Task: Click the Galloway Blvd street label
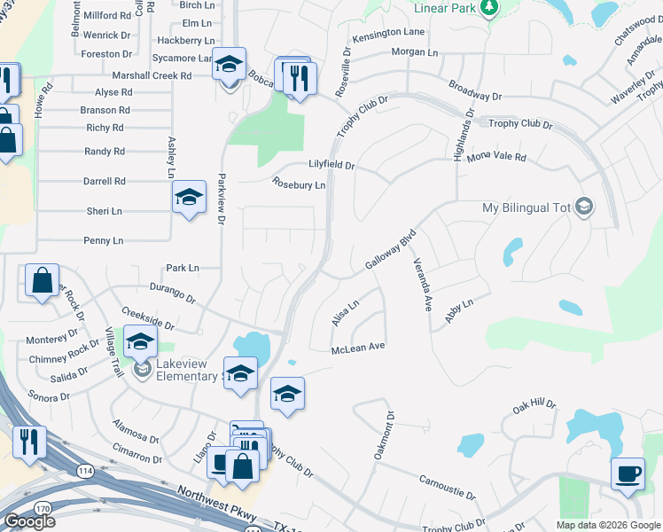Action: point(390,251)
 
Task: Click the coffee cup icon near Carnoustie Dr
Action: point(628,473)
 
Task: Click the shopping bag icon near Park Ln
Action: point(43,281)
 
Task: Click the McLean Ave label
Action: point(358,348)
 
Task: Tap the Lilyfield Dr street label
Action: point(331,166)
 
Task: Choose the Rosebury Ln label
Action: point(299,185)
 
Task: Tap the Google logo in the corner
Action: point(29,520)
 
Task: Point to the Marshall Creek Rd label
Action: point(152,76)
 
